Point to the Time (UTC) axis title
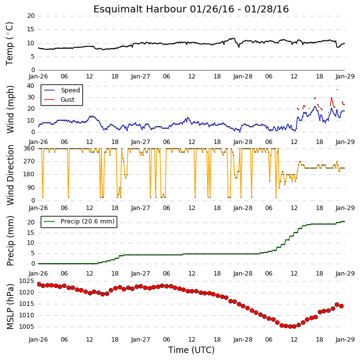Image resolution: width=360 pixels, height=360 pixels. coord(191,350)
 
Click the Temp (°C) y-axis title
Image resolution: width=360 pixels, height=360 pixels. coord(9,44)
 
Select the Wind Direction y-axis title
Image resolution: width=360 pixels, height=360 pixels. coord(10,175)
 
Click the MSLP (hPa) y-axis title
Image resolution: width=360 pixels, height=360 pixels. coord(10,306)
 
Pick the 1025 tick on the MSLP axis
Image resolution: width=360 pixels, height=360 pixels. coord(26,281)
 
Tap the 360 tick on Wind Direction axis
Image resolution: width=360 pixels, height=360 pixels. coord(29,148)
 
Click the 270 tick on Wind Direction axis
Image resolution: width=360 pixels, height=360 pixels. coord(29,161)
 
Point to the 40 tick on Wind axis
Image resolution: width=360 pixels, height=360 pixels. coord(31,86)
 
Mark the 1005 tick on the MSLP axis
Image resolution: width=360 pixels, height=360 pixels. coord(26,327)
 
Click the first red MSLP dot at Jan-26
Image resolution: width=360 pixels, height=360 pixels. coord(39,285)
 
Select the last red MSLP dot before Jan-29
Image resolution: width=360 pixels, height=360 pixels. coord(342,306)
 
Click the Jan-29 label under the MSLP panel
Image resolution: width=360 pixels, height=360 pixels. coord(345,340)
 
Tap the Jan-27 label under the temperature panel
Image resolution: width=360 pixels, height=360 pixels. coord(141,76)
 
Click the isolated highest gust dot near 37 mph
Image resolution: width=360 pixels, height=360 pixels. coord(337,89)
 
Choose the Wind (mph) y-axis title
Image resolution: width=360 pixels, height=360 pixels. coord(10,109)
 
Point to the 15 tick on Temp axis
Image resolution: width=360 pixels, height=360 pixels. coord(31,30)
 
